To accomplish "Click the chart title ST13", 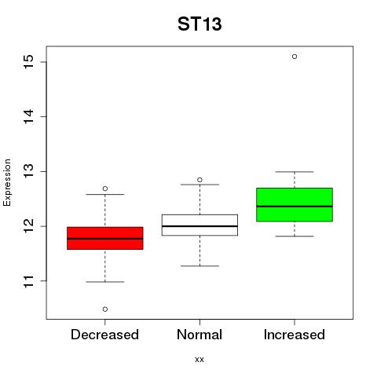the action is click(x=199, y=24).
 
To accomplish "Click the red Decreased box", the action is click(x=105, y=238).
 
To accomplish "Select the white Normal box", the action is click(x=199, y=225).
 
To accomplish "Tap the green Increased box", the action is click(x=295, y=204).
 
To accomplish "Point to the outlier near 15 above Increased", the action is click(x=295, y=57).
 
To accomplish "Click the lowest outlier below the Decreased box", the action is click(x=105, y=309).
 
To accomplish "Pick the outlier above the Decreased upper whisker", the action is click(x=105, y=188).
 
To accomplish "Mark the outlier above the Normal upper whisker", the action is click(x=199, y=180).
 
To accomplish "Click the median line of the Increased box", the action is click(x=295, y=207).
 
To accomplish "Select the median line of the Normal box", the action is click(x=199, y=226).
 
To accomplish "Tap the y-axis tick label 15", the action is click(x=29, y=62).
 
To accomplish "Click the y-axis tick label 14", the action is click(x=29, y=116).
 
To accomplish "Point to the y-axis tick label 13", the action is click(x=29, y=171).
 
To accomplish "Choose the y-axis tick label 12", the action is click(x=29, y=226).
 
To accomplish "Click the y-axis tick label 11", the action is click(x=29, y=281).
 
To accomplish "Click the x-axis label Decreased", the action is click(x=104, y=335).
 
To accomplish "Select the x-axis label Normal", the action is click(x=199, y=335).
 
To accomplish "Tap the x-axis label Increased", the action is click(x=295, y=335).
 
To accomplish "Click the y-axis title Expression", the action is click(x=7, y=182).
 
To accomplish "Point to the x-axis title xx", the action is click(x=199, y=360).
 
